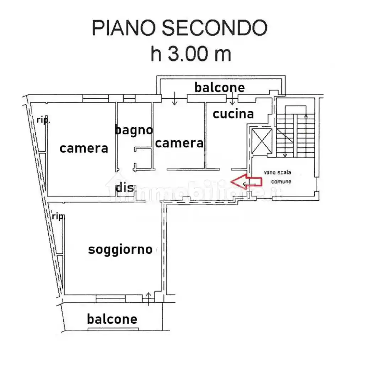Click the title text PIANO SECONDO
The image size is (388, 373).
180,28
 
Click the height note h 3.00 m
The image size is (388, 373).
191,54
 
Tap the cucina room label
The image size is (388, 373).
233,114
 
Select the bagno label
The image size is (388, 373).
134,130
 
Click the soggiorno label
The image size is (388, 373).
120,250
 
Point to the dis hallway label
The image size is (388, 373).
125,188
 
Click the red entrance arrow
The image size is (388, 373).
246,182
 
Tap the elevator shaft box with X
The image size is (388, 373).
262,141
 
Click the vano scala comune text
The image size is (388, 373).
277,177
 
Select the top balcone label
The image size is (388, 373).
220,87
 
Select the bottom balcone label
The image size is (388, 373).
112,319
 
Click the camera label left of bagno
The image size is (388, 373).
84,148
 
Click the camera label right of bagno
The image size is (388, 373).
179,143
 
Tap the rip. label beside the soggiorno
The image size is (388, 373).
58,216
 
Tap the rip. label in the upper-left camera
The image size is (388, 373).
43,120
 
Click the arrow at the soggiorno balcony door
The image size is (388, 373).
149,299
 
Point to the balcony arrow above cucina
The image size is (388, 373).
232,98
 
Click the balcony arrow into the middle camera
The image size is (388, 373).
175,98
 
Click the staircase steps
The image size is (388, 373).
296,135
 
